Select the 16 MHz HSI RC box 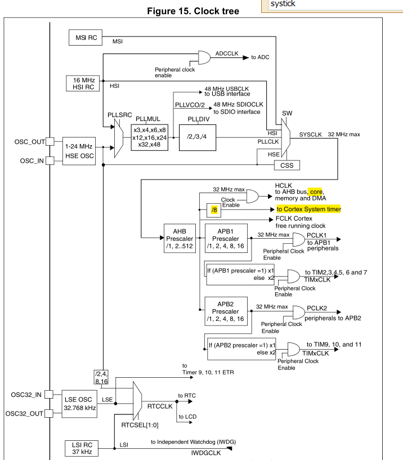(82, 84)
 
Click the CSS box (286, 165)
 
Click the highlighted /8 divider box (214, 210)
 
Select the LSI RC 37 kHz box (81, 449)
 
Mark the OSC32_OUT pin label (24, 414)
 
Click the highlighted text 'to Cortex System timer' (308, 209)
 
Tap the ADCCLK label (227, 53)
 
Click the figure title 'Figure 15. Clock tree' (192, 11)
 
